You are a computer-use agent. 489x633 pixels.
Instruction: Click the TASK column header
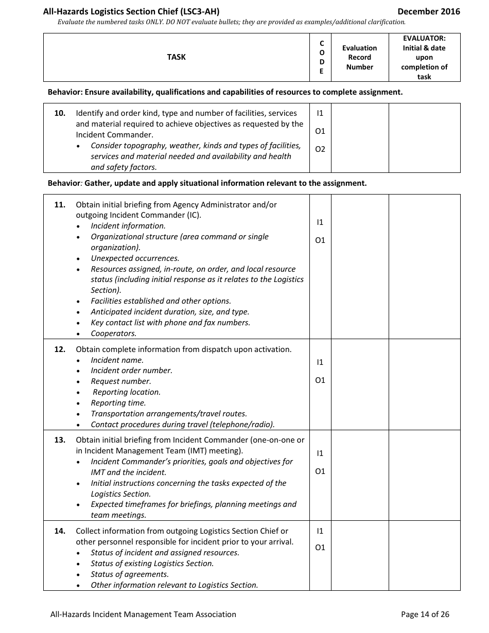pos(176,57)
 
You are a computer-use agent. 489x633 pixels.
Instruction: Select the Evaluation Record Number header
pos(359,57)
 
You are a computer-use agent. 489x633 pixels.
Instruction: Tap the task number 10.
pos(60,113)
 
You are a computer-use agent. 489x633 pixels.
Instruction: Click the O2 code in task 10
pos(320,149)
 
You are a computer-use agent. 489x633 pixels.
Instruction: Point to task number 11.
pos(60,204)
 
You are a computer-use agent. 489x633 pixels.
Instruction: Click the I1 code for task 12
pos(320,362)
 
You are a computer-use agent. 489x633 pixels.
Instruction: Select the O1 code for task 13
pos(320,471)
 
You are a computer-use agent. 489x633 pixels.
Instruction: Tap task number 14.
pos(60,531)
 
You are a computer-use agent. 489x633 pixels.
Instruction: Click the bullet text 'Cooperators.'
pos(114,333)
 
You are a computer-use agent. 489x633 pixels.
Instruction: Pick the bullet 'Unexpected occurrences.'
pos(135,258)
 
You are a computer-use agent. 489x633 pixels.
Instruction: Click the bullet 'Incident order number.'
pos(131,371)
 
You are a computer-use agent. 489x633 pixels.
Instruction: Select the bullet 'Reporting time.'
pos(118,403)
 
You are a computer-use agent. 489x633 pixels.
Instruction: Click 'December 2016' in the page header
pos(429,11)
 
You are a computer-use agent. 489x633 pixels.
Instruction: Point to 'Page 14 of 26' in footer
pos(425,614)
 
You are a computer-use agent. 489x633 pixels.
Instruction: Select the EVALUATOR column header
pos(424,57)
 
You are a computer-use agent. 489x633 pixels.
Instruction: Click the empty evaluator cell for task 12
pos(424,384)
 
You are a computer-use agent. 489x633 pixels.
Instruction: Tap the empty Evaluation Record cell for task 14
pos(359,555)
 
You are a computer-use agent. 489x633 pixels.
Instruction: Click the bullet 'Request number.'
pos(121,381)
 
